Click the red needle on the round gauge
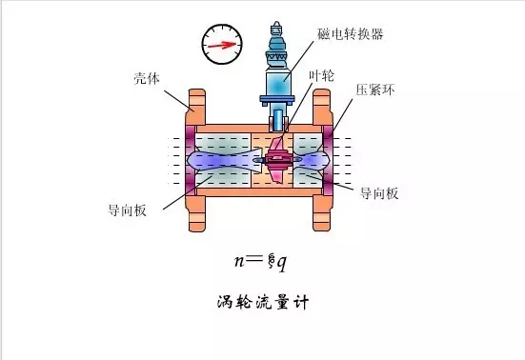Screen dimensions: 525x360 coord(218,44)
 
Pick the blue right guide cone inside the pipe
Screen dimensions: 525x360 coord(314,158)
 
